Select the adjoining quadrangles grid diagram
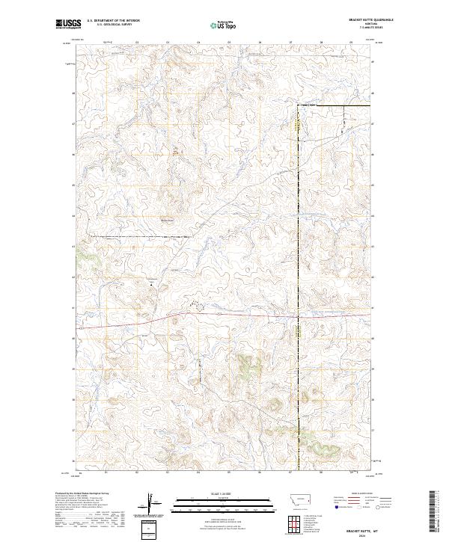(291, 520)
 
